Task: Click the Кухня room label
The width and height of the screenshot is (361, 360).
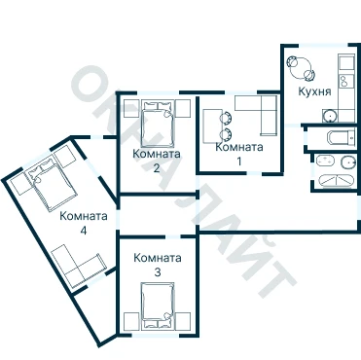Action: tap(314, 91)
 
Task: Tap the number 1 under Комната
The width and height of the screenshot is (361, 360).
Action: tap(239, 162)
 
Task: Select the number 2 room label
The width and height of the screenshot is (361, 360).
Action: tap(157, 168)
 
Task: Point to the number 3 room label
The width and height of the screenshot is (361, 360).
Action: tap(158, 272)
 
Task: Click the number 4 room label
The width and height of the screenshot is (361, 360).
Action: tap(84, 231)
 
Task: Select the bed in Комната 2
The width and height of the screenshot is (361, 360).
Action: tap(158, 125)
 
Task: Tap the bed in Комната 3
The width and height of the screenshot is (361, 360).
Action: tap(158, 306)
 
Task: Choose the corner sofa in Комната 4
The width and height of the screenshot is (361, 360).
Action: tap(78, 266)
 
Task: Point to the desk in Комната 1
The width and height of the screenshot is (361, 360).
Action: tap(211, 126)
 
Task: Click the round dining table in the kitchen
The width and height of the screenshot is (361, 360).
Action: tap(301, 67)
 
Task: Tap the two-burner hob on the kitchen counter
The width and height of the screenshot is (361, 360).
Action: tap(345, 80)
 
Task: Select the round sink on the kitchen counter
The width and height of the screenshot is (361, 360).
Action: tap(330, 116)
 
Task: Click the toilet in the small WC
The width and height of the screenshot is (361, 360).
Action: tap(343, 138)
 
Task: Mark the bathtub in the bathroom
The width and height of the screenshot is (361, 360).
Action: tap(336, 181)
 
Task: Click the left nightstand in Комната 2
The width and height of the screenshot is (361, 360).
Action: tap(131, 108)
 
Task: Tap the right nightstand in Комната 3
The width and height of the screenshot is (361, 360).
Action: tap(183, 321)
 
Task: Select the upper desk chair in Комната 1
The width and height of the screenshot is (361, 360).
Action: tap(227, 118)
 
